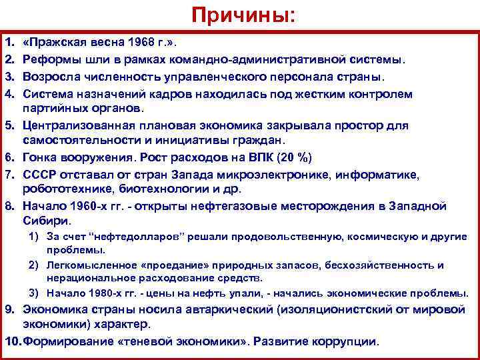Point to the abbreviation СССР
(x=42, y=173)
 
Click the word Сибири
(x=45, y=221)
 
